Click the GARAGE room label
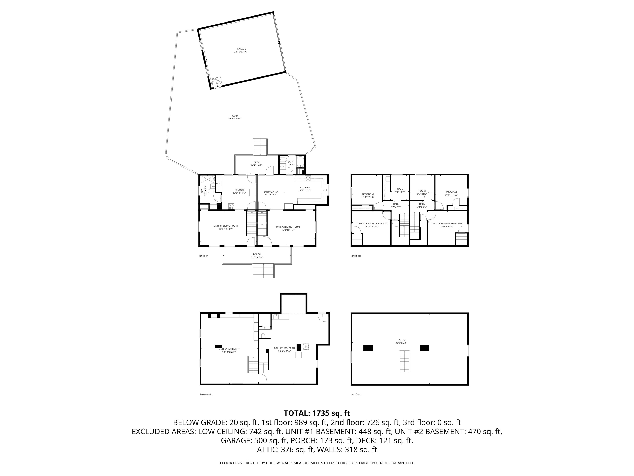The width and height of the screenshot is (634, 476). [241, 49]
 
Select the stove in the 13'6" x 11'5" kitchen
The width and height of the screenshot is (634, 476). [231, 206]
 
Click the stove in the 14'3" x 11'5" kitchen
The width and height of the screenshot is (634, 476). [308, 178]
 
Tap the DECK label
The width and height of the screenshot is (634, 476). [256, 162]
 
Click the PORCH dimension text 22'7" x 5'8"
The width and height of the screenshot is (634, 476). [257, 257]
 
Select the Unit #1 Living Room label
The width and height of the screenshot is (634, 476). [226, 226]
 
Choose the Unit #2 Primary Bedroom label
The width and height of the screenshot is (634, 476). [447, 224]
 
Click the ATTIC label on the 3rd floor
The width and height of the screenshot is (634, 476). [402, 340]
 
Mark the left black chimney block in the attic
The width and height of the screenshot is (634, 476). [368, 348]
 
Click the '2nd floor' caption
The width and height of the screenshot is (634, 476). [356, 256]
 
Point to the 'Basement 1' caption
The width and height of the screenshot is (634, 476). [206, 394]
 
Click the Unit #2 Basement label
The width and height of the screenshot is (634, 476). [284, 348]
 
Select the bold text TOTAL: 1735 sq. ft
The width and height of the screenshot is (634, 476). [317, 413]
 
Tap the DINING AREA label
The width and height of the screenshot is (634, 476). [271, 192]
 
